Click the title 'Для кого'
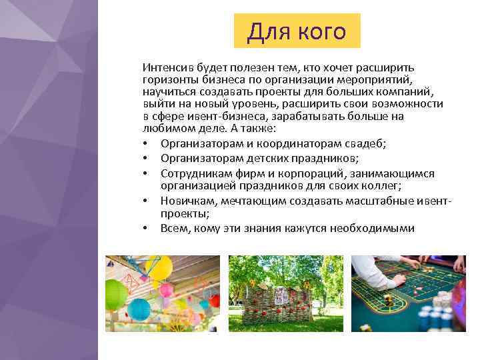[297, 31]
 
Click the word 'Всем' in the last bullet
[173, 228]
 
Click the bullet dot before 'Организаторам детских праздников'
[145, 158]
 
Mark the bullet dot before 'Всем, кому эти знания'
[145, 229]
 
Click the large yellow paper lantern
[159, 267]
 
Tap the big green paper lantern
[116, 294]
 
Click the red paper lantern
[214, 301]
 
